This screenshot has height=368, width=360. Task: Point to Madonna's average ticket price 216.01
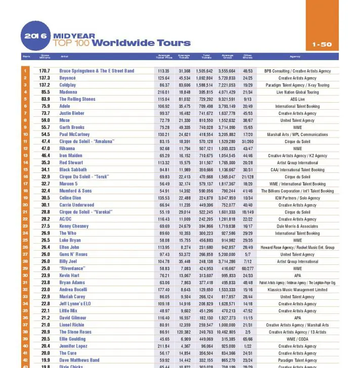click(163, 93)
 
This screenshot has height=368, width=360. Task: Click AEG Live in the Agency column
click(297, 100)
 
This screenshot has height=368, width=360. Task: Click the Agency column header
click(295, 57)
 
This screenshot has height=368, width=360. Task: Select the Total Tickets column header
click(206, 57)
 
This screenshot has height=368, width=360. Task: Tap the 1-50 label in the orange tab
click(322, 44)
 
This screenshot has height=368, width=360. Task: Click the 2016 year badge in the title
click(36, 36)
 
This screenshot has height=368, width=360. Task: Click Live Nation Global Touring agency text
click(297, 93)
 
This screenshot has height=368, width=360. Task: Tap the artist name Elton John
click(70, 248)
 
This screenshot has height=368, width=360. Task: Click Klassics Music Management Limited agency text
click(297, 290)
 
